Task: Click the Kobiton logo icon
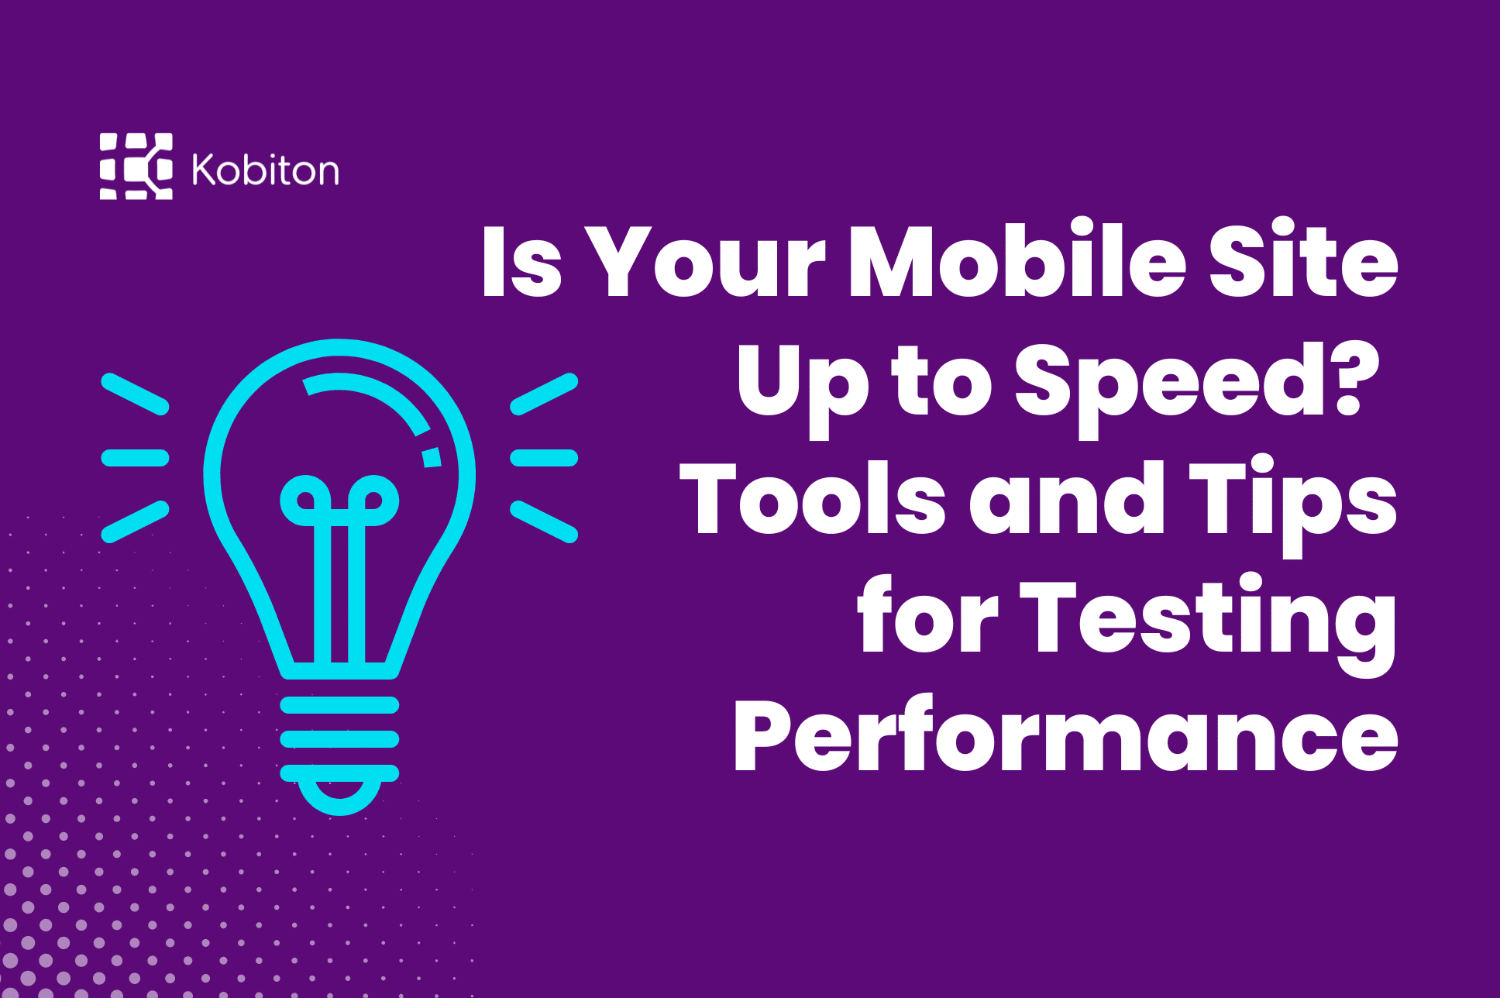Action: pyautogui.click(x=136, y=167)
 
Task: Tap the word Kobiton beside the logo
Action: pyautogui.click(x=265, y=170)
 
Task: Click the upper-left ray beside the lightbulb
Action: pyautogui.click(x=135, y=394)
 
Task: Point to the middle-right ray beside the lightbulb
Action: pyautogui.click(x=544, y=458)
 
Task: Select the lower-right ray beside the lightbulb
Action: pyautogui.click(x=544, y=521)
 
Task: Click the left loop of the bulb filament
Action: pyautogui.click(x=306, y=501)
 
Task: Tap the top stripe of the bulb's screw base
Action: pyautogui.click(x=339, y=704)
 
